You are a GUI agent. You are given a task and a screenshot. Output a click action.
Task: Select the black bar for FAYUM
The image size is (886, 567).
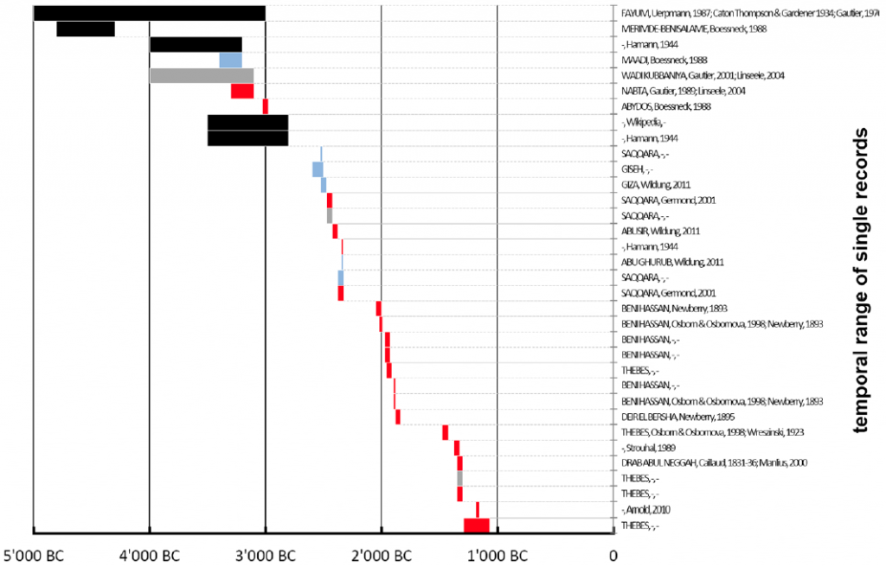[149, 13]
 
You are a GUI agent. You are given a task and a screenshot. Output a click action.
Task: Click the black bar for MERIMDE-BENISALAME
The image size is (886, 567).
[86, 29]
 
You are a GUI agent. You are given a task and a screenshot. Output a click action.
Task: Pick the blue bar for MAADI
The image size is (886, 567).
[230, 60]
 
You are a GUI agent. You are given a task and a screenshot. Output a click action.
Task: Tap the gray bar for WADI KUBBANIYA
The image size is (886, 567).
[202, 75]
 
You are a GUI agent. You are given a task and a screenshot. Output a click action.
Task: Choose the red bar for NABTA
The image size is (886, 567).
[242, 91]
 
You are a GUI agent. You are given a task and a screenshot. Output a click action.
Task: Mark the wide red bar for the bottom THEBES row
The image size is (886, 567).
[477, 525]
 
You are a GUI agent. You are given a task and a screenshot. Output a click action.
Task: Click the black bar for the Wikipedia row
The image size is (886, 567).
[247, 122]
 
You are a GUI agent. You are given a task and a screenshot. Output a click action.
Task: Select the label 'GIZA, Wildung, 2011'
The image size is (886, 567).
[656, 185]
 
